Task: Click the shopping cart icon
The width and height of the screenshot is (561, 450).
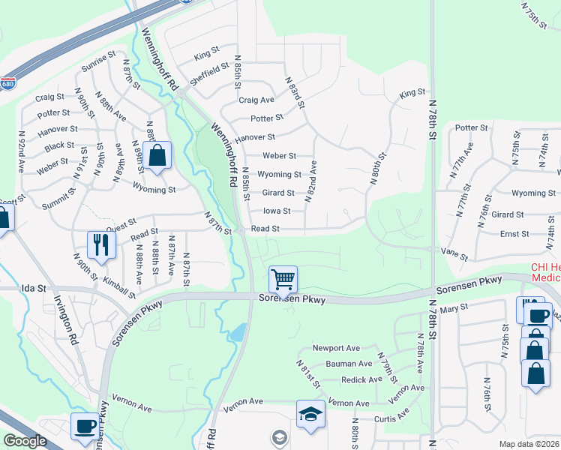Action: tap(283, 280)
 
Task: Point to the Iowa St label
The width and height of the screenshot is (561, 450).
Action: tap(277, 211)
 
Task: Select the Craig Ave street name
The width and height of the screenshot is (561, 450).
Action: tap(256, 100)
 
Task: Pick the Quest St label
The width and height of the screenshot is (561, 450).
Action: tap(121, 223)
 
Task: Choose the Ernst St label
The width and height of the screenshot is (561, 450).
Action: tap(514, 234)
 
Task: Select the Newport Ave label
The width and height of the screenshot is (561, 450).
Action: tap(337, 349)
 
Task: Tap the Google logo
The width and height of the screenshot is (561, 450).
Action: tap(25, 441)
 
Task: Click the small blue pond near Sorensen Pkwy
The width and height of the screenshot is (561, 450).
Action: tap(237, 331)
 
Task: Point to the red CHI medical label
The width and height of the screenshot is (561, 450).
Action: tap(545, 271)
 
